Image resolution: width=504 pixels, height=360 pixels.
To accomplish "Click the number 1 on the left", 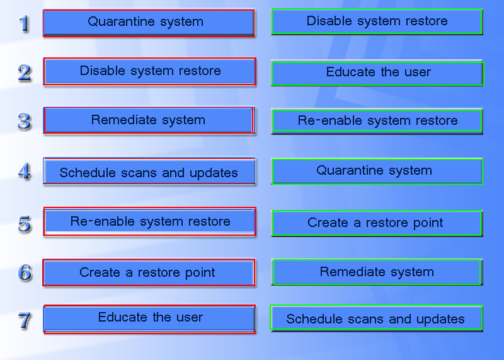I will [x=25, y=24].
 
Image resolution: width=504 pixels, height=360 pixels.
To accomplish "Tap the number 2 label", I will [x=25, y=73].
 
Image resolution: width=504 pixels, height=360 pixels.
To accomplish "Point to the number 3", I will [x=25, y=121].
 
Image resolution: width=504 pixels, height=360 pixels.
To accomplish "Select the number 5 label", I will [x=25, y=223].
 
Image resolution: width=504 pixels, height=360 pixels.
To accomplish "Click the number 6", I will [x=25, y=272].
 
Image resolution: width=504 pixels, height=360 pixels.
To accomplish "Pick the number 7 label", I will [x=25, y=320].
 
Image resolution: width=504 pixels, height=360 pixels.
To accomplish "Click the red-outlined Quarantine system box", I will [x=148, y=23].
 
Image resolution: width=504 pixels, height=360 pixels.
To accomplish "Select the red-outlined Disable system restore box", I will [x=149, y=71].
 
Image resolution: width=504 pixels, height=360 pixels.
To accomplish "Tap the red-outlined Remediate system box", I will [x=148, y=120].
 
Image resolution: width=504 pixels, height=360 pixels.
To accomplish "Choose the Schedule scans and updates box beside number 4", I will [x=149, y=171].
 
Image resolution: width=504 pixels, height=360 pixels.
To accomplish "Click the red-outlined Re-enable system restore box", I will [x=149, y=222].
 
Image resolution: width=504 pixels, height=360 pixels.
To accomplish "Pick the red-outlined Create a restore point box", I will [x=148, y=273].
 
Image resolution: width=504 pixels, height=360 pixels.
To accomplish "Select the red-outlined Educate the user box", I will [x=149, y=318].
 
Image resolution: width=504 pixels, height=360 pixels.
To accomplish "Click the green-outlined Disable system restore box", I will [x=377, y=21].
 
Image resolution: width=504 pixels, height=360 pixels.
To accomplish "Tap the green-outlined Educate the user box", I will [x=377, y=73].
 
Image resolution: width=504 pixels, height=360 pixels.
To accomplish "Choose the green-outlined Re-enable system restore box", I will [x=377, y=121].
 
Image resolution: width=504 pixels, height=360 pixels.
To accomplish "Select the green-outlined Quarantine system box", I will [x=377, y=171].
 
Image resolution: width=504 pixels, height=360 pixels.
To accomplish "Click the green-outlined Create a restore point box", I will [x=377, y=223].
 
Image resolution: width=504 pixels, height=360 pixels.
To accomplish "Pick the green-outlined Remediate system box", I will [x=377, y=272].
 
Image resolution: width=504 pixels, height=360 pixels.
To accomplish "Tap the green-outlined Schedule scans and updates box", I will [x=376, y=318].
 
